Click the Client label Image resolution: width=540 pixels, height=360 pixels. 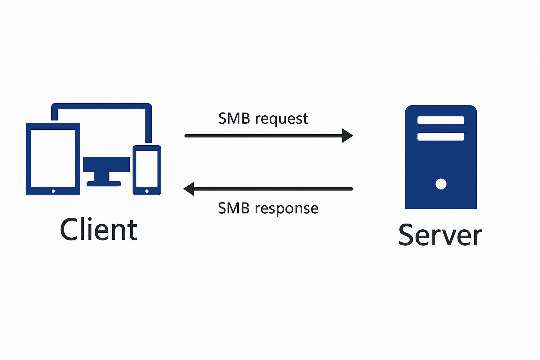99,230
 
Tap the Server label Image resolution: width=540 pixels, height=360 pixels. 440,235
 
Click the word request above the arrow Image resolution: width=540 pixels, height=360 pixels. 282,119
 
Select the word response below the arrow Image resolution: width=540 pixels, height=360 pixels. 287,209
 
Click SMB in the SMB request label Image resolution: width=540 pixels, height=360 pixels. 234,118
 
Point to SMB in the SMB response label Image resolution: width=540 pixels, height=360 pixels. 234,208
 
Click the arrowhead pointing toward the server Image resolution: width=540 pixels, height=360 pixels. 347,136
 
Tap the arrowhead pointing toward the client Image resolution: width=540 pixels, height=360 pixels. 189,189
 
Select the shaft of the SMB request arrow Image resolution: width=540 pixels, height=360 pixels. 264,136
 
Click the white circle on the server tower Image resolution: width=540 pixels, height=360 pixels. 441,184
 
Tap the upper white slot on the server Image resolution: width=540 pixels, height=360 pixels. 441,120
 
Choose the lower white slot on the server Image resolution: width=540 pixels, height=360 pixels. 441,136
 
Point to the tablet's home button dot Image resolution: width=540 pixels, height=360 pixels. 53,191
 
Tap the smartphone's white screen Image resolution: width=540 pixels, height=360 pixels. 147,168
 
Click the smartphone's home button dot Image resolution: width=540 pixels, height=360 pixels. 147,191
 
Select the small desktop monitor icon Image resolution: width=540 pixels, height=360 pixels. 107,164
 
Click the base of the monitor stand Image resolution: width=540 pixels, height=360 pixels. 104,184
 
